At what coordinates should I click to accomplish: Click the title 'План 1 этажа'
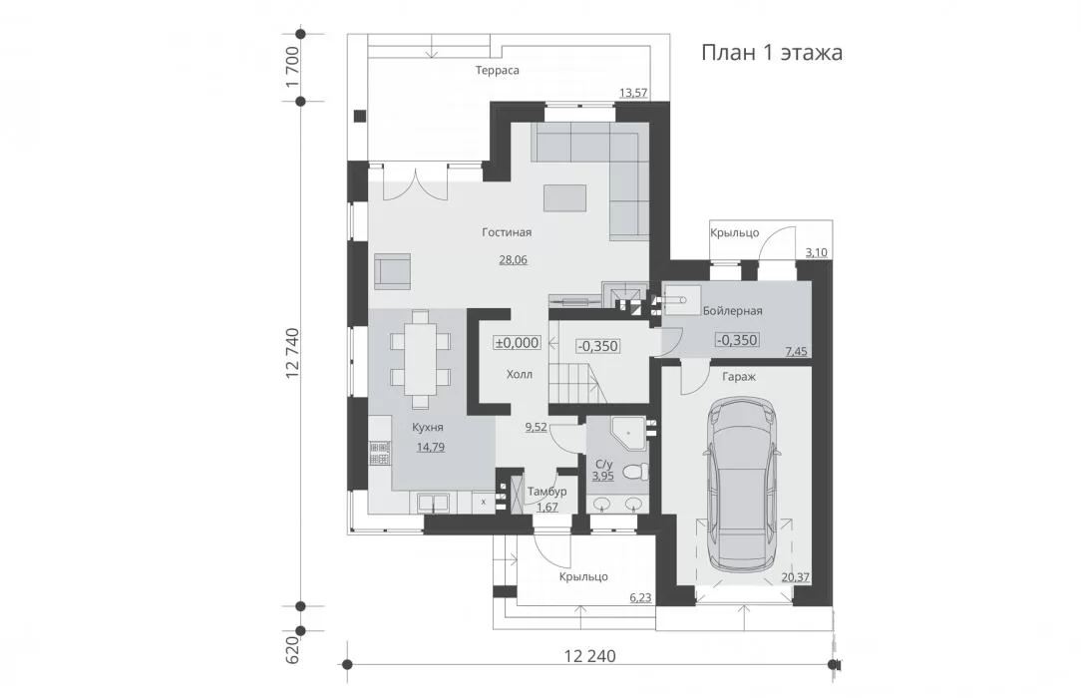tap(772, 53)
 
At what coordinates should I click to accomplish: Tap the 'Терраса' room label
tap(497, 70)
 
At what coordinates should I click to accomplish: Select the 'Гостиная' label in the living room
tap(507, 232)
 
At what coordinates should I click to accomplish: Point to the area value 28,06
tap(513, 260)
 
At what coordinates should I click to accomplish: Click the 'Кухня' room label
tap(428, 427)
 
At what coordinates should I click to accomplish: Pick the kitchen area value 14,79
tap(430, 447)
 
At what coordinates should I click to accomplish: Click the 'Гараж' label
tap(739, 377)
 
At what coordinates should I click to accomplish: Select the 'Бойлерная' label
tap(733, 311)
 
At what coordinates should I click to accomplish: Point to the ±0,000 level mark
tap(517, 342)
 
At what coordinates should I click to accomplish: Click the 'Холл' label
tap(520, 375)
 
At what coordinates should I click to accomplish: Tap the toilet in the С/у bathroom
tap(635, 472)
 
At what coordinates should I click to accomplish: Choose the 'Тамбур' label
tap(546, 492)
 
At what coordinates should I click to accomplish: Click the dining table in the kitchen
tap(420, 359)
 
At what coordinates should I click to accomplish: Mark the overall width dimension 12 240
tap(590, 656)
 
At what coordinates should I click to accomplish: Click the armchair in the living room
tap(392, 271)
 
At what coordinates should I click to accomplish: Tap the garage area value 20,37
tap(796, 577)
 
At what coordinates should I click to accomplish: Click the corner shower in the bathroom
tap(628, 430)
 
